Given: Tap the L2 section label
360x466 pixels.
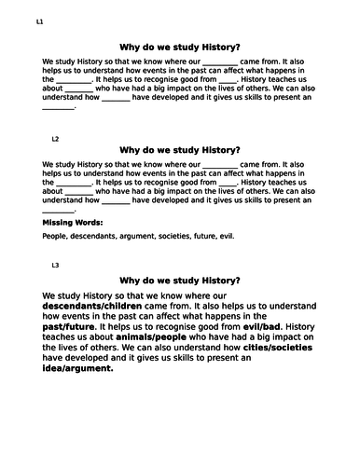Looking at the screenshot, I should point(55,139).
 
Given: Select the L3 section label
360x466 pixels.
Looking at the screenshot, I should point(55,266).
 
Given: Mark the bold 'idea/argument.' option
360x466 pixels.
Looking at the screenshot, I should point(77,366).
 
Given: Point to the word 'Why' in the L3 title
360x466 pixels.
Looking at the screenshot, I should point(132,280).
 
